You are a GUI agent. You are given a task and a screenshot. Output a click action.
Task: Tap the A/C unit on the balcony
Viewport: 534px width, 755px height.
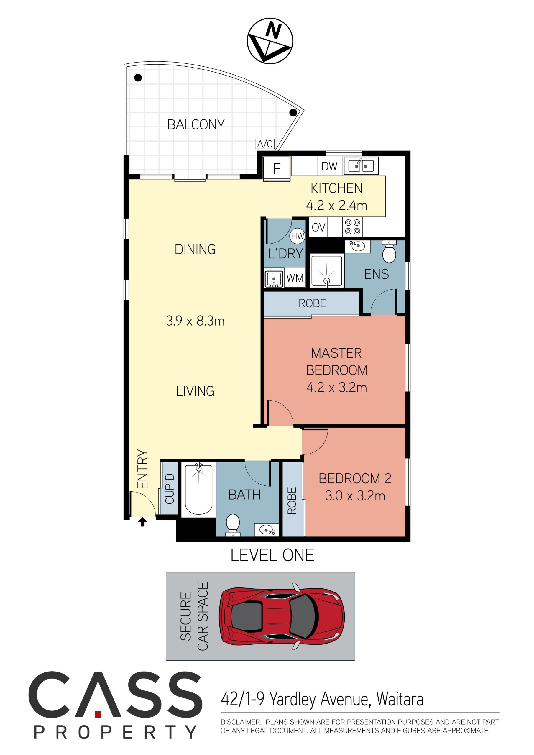[265, 144]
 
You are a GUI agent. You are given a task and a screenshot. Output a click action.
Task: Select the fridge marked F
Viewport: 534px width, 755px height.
[277, 168]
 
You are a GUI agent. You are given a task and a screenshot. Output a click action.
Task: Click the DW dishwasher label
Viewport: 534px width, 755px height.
[329, 166]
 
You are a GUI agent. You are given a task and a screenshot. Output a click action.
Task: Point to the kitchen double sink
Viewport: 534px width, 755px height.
[361, 166]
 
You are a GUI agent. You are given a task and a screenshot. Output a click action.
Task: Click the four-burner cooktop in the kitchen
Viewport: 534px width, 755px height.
[352, 227]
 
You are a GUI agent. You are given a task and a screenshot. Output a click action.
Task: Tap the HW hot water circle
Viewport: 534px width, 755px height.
[297, 236]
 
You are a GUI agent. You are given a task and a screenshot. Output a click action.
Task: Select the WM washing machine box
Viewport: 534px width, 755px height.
[295, 278]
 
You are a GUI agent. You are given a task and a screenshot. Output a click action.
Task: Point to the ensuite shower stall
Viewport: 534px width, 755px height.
[327, 270]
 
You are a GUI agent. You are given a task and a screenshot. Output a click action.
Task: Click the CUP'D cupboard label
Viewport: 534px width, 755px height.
[170, 489]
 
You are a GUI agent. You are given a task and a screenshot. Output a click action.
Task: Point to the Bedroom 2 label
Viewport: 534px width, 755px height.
[355, 479]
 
